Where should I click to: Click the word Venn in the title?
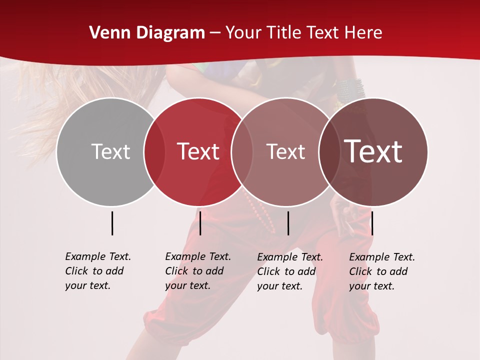tap(105, 33)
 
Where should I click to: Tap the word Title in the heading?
tap(283, 33)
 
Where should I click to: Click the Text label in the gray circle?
tap(110, 151)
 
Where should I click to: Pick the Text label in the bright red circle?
tap(198, 151)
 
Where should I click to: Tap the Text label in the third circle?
tap(285, 151)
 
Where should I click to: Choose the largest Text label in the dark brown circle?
tap(373, 151)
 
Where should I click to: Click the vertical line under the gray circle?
tap(112, 223)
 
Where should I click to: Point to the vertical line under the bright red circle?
tap(200, 223)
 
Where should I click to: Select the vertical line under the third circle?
tap(288, 223)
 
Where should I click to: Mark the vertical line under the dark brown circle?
tap(372, 223)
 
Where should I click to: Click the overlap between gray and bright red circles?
tap(154, 151)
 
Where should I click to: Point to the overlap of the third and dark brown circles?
tap(327, 151)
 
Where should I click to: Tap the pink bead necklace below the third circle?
tap(262, 215)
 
